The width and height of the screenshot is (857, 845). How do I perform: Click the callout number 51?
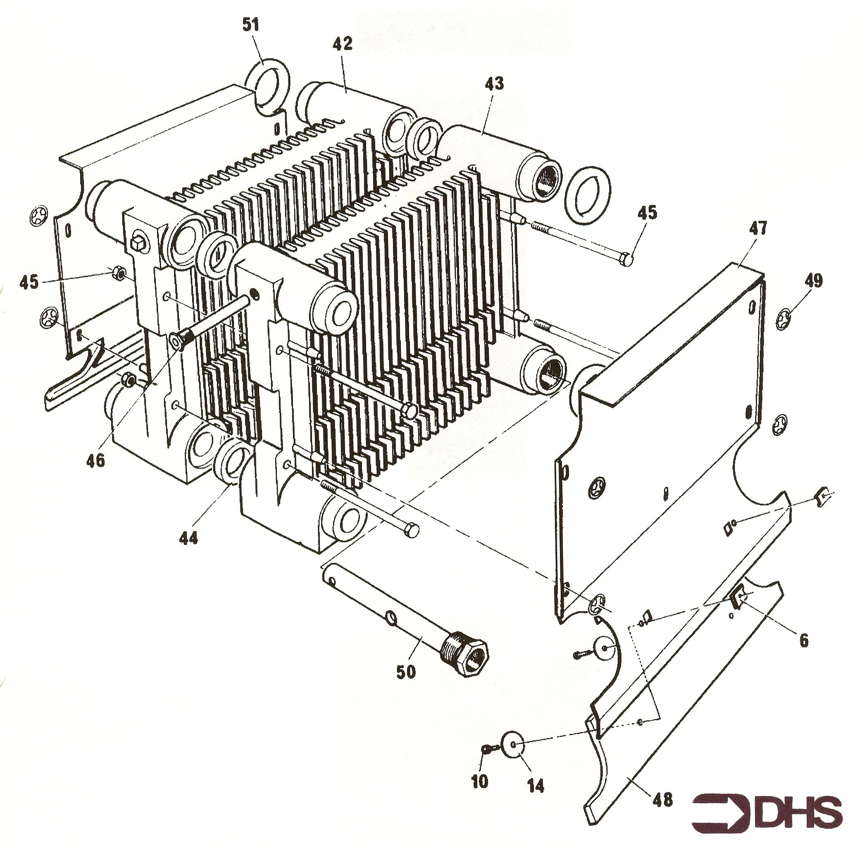coord(251,25)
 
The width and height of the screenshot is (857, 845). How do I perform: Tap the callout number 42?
coord(343,43)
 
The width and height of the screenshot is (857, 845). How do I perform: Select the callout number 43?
coord(495,83)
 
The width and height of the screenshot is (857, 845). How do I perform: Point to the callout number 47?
coord(758,229)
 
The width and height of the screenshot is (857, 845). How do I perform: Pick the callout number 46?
coord(96,460)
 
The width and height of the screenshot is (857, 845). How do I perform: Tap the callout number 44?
coord(188,538)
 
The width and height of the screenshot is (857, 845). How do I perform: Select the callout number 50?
coord(406,672)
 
